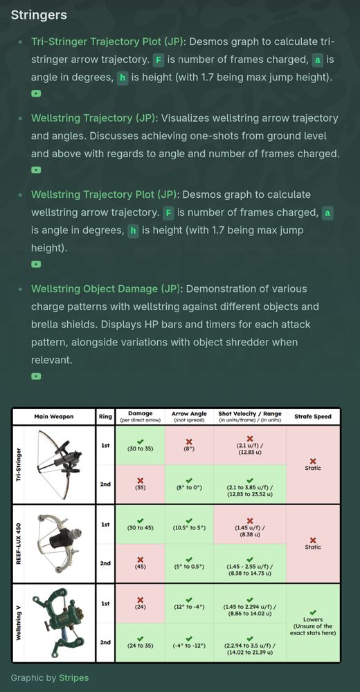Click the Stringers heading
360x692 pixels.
coord(39,15)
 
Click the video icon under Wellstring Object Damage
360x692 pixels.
coord(36,376)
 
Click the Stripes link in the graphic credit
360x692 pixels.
coord(74,677)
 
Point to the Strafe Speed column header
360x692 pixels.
coord(313,416)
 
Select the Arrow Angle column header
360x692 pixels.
coord(189,416)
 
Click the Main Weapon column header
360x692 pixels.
coord(54,416)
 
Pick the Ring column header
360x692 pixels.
coord(105,416)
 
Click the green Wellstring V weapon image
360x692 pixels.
coord(58,623)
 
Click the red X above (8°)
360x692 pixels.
coord(189,441)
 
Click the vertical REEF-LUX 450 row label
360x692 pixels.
coord(19,544)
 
